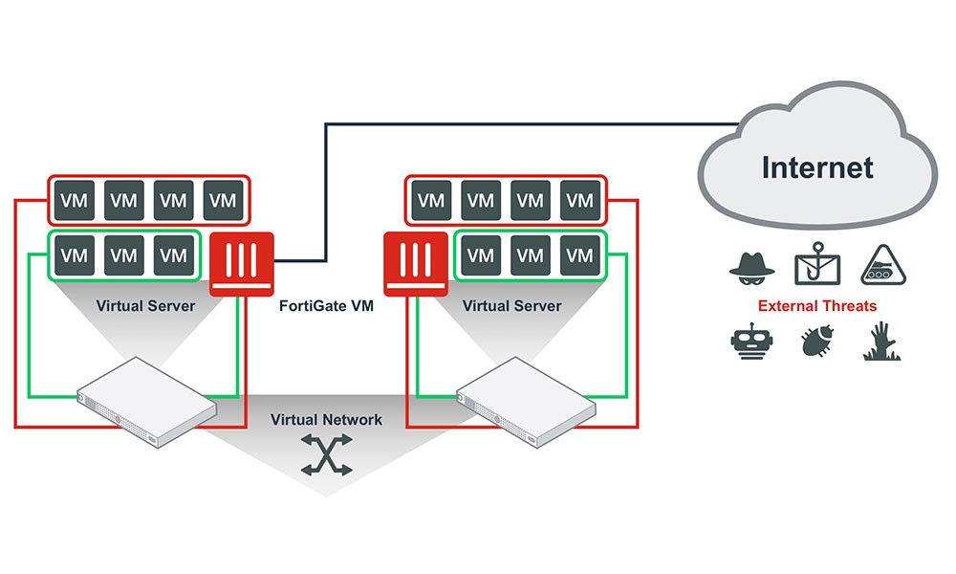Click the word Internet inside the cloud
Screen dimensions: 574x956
[x=817, y=168]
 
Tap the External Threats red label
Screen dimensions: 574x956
[x=817, y=307]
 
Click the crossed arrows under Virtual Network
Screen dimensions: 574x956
[x=326, y=455]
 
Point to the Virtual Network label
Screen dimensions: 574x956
[x=326, y=419]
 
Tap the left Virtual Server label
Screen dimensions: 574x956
[x=145, y=307]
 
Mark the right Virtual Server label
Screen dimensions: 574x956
[x=511, y=307]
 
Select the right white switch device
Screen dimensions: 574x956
[x=525, y=402]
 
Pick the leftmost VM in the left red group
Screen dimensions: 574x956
[x=73, y=201]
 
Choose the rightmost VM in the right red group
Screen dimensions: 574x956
[x=580, y=201]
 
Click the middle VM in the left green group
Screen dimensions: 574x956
[x=123, y=255]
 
